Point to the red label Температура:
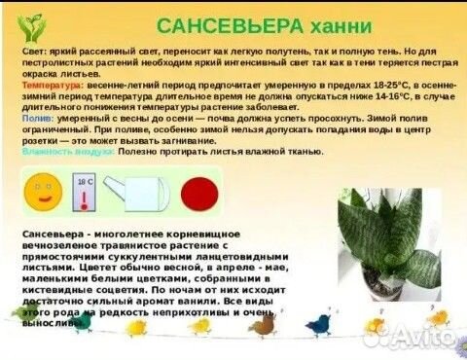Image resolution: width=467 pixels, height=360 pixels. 48,85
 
